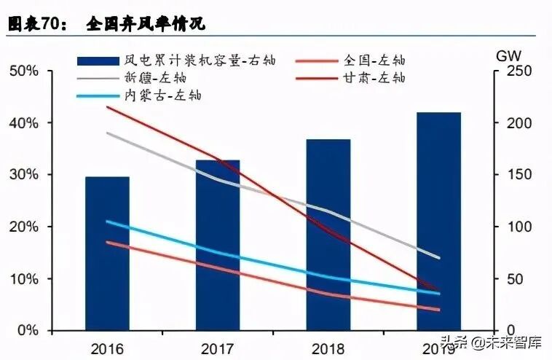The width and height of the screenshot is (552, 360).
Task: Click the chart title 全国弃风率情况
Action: pos(146,24)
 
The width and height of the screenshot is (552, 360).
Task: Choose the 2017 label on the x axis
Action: pos(218,348)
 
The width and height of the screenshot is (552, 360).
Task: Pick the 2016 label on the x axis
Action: pos(107,348)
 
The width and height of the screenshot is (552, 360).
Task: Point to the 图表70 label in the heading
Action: pos(33,24)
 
